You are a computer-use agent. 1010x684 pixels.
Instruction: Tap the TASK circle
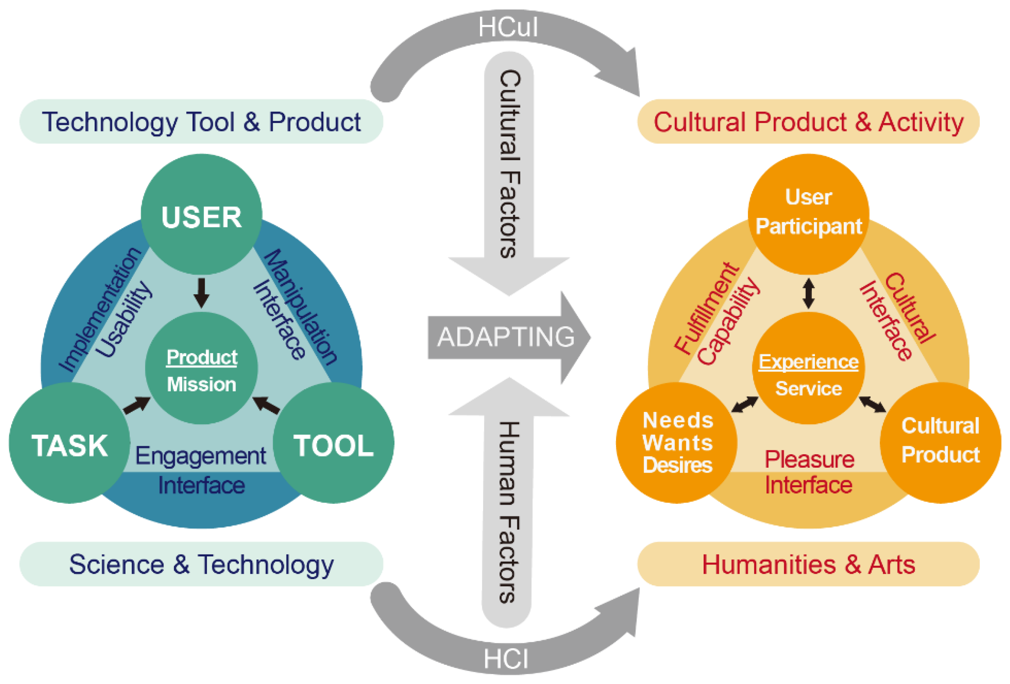tap(70, 443)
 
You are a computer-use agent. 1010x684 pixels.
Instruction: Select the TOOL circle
tap(333, 443)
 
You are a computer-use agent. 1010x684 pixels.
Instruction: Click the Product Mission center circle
tap(201, 369)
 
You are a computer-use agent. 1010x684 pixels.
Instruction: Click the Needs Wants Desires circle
tap(677, 443)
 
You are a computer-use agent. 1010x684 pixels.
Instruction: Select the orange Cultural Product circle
tap(940, 443)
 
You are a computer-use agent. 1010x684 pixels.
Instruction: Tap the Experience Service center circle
tap(808, 369)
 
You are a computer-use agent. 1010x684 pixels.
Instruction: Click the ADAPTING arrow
tap(506, 337)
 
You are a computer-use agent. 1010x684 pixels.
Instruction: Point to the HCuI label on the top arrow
tap(508, 27)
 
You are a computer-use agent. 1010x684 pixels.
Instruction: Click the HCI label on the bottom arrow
tap(506, 659)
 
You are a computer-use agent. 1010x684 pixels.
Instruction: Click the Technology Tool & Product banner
tap(201, 122)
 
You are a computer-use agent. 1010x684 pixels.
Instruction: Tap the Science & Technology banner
tap(201, 564)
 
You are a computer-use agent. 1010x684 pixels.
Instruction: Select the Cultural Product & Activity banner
tap(808, 122)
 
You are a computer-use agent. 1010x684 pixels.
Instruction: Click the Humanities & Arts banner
tap(808, 564)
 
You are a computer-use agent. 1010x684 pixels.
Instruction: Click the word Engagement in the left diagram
tap(200, 456)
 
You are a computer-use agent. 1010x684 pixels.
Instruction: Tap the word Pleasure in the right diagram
tap(809, 460)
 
